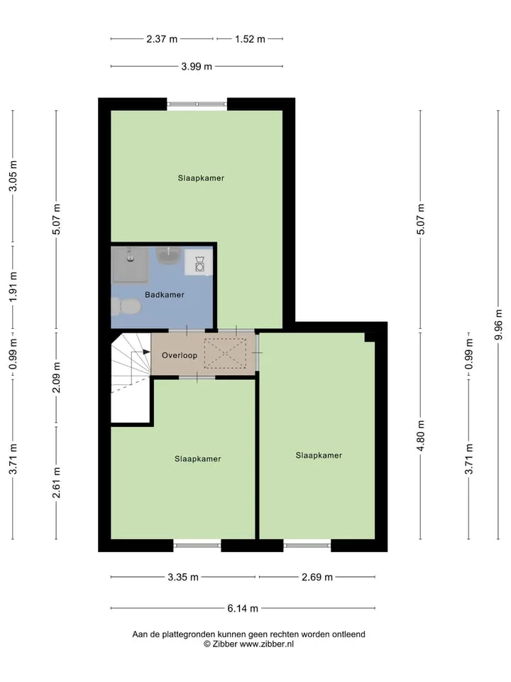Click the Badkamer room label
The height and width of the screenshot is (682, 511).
(164, 294)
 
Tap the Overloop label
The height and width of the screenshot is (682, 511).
(180, 355)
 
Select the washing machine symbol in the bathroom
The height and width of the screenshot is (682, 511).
(199, 262)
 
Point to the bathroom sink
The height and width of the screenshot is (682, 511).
(168, 255)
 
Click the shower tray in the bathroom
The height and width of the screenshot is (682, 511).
(130, 264)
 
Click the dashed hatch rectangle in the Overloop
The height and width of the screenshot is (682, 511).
(225, 354)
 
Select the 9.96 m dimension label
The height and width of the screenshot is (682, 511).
(498, 325)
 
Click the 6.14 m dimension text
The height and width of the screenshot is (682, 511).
(243, 608)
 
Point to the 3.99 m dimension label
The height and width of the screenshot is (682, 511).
(197, 67)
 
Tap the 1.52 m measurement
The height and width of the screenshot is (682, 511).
(250, 39)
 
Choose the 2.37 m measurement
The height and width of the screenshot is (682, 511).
(162, 39)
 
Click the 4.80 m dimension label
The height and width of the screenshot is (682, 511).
(421, 435)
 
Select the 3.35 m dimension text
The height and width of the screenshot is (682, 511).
(183, 577)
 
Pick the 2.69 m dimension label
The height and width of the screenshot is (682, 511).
(317, 577)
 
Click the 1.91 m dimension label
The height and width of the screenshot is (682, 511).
(13, 286)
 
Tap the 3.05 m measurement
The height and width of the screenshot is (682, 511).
(13, 175)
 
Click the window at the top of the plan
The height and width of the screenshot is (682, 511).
(197, 104)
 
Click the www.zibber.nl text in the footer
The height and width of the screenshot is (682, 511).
(267, 644)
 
